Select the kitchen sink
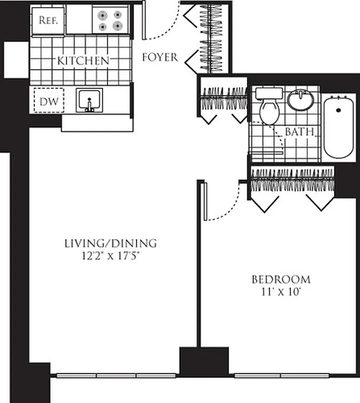click(90, 100)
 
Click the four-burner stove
click(110, 20)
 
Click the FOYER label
click(160, 57)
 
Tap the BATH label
click(300, 132)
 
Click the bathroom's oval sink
click(301, 99)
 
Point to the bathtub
click(339, 127)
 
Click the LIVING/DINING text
click(110, 243)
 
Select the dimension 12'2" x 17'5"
click(110, 255)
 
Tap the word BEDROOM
click(281, 279)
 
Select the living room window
click(116, 375)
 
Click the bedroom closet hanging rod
click(292, 179)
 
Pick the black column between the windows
click(204, 362)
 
